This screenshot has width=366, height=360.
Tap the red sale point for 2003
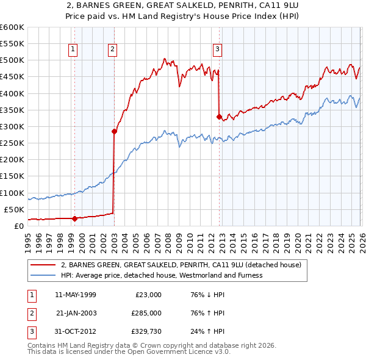coord(113,131)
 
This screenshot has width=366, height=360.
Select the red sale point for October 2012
coord(219,117)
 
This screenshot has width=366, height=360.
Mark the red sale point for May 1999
coord(74,218)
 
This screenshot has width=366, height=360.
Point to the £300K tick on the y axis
coord(12,126)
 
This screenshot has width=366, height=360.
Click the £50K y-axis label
coord(13,209)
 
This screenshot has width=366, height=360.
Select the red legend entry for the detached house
coord(181,265)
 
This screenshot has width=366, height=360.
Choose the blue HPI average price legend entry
coord(162,275)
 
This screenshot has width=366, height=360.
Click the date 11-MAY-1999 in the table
coord(76,294)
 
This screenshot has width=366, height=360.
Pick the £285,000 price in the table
coord(146,313)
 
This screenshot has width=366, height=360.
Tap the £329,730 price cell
coord(146,332)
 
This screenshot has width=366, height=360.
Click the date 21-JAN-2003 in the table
coord(76,313)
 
